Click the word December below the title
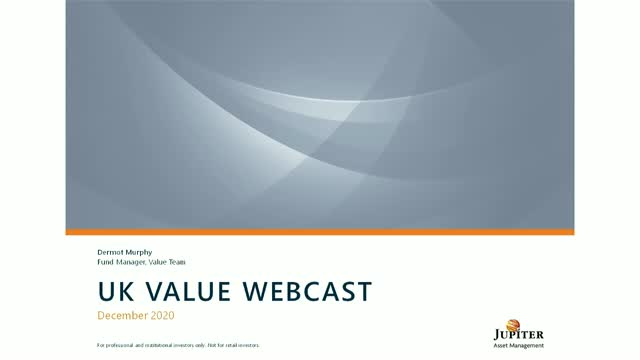pos(123,314)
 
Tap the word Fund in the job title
pos(105,262)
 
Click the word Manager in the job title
pos(133,262)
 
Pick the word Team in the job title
pos(176,262)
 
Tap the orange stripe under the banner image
pos(320,231)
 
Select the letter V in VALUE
pos(155,292)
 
